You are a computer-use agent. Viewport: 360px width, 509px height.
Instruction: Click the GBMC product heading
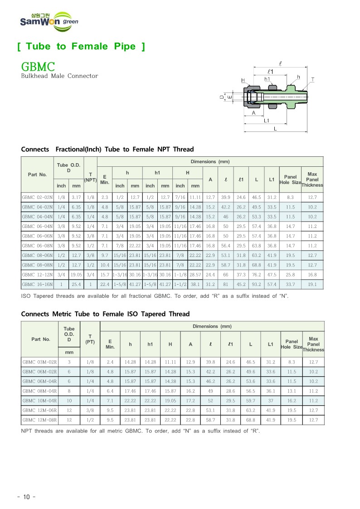38,67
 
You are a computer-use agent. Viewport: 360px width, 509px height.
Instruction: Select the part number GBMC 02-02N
37,197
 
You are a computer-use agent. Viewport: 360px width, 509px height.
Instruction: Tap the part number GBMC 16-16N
37,284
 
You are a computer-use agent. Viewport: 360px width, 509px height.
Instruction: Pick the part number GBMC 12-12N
37,275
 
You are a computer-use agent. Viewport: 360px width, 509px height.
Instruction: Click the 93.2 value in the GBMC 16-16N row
257,284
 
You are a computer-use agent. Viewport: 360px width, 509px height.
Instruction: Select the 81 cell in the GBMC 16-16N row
225,284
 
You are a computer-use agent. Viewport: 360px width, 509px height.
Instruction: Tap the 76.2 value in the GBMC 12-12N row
257,275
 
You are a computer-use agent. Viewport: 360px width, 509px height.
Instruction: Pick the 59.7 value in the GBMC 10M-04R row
250,401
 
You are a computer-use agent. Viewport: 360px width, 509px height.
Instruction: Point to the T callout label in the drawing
312,80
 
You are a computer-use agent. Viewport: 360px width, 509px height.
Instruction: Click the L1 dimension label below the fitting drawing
267,121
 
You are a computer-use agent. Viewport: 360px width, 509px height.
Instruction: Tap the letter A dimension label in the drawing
253,113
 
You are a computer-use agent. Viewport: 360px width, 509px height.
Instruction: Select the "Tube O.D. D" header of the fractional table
68,167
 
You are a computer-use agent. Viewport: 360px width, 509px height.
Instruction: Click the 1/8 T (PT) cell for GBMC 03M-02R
90,362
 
